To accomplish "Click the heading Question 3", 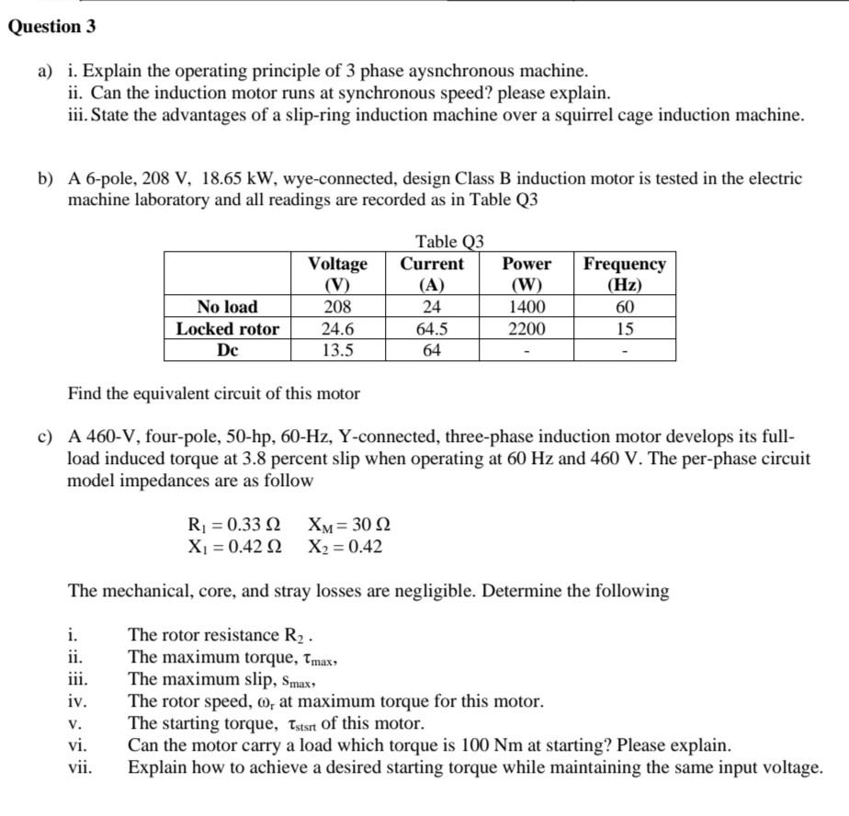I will (x=51, y=26).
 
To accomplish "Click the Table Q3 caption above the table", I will (x=448, y=242).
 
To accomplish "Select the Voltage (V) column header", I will (x=337, y=274).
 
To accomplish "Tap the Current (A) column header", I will (x=432, y=274).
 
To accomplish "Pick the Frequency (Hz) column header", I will (x=625, y=274).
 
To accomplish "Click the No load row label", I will (x=228, y=307).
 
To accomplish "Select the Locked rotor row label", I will (x=228, y=329).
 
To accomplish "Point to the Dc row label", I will (x=228, y=350).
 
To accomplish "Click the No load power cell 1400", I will (x=526, y=307).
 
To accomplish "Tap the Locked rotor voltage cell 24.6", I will (x=337, y=329).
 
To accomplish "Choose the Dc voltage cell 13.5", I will (x=337, y=350).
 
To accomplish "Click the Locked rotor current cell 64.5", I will (x=432, y=329).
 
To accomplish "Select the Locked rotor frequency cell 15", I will (x=625, y=329).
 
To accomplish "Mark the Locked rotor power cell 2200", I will (x=526, y=329).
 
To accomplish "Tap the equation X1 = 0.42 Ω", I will (x=233, y=547).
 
